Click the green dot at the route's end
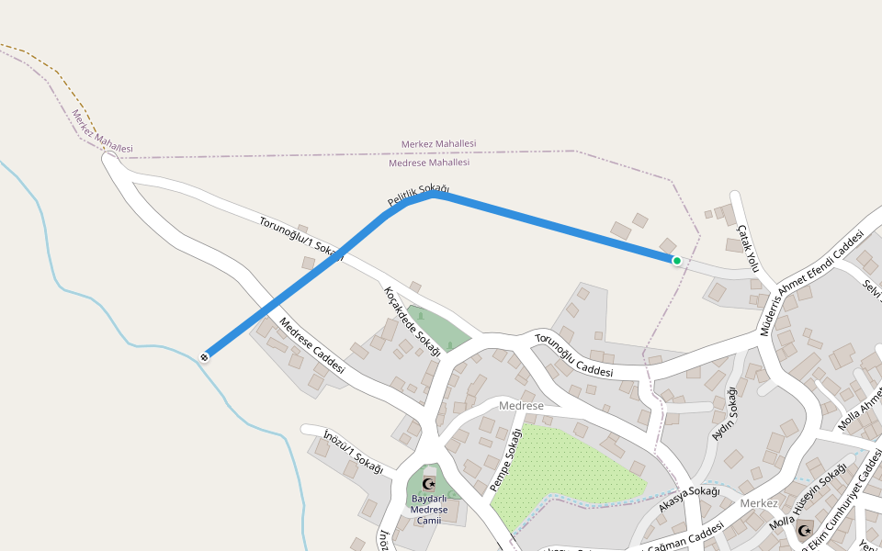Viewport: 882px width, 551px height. pyautogui.click(x=677, y=261)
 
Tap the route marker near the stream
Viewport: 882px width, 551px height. pyautogui.click(x=205, y=356)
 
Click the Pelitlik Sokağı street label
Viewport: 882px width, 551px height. pyautogui.click(x=418, y=196)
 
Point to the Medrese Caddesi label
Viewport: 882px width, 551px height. pyautogui.click(x=311, y=345)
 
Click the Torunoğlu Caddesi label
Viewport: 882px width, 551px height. pyautogui.click(x=573, y=355)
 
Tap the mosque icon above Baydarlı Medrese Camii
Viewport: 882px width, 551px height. pyautogui.click(x=427, y=483)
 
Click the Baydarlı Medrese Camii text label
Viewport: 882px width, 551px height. pyautogui.click(x=429, y=510)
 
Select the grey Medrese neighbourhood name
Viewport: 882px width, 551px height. pyautogui.click(x=521, y=406)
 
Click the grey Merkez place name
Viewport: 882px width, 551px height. pyautogui.click(x=759, y=503)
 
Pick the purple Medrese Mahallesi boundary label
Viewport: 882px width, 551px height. pyautogui.click(x=429, y=163)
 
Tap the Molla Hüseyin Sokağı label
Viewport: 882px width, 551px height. pyautogui.click(x=808, y=497)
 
